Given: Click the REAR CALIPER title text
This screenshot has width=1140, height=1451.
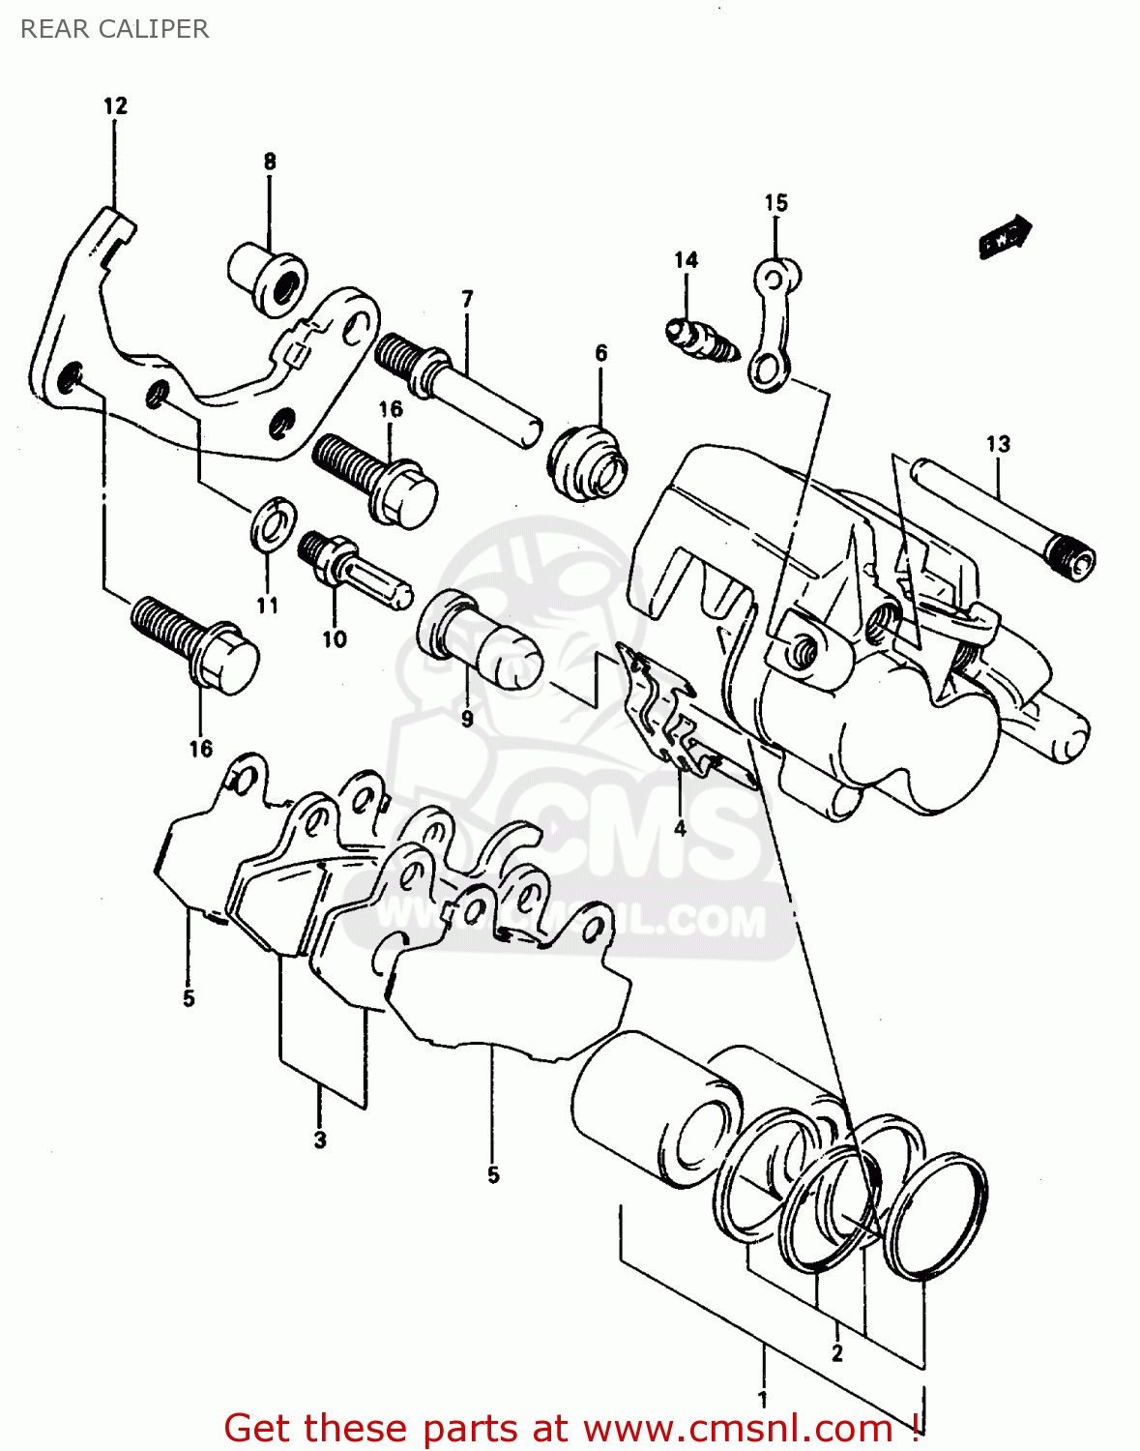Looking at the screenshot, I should click(114, 29).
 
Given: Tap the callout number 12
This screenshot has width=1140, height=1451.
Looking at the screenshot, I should click(115, 105).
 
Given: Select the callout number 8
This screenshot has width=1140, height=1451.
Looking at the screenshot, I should click(270, 162).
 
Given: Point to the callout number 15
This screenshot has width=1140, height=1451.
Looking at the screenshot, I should click(775, 202).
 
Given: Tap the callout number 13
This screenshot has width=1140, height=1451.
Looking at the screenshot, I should click(998, 444).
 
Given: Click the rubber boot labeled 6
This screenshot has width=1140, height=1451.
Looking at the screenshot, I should click(589, 462).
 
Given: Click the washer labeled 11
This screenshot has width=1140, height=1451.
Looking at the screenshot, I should click(274, 523).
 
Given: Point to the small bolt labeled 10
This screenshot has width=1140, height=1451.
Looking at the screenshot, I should click(354, 571).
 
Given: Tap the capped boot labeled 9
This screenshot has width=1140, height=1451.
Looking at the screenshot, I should click(480, 643).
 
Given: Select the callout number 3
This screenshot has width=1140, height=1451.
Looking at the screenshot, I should click(320, 1140).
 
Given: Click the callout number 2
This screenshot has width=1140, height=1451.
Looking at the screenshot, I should click(836, 1352).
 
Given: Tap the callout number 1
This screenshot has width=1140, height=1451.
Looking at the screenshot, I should click(763, 1399).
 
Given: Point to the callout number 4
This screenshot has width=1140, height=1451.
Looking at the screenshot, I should click(680, 828).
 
